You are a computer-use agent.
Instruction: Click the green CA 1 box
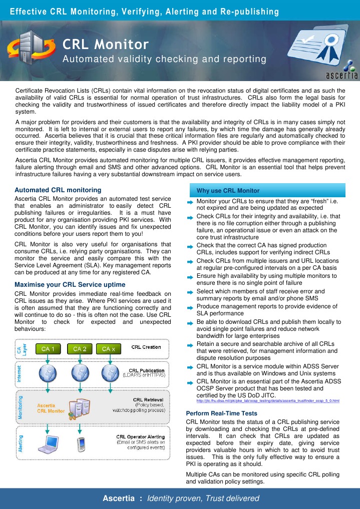tap(52, 348)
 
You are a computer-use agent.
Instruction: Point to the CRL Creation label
tap(146, 347)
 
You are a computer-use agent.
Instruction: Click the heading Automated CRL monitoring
tap(58, 190)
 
